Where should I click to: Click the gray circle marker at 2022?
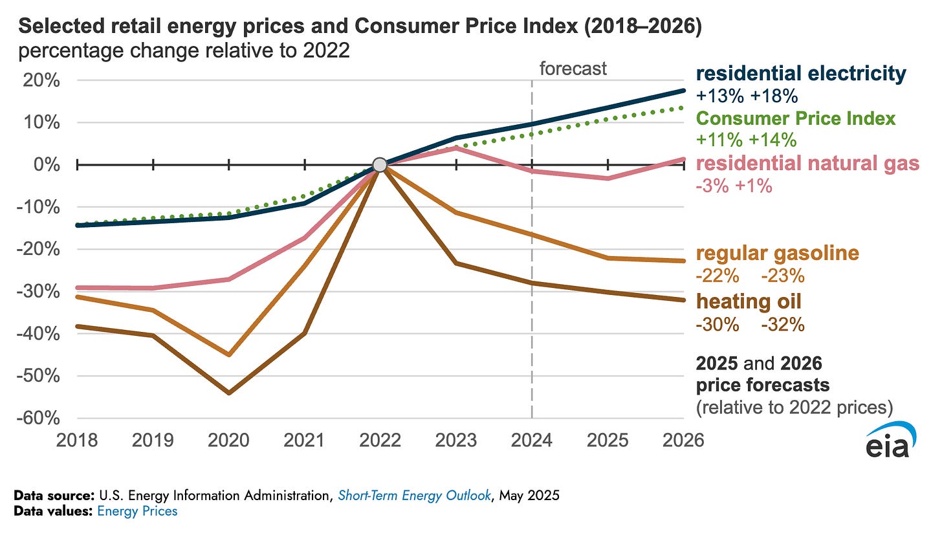[380, 165]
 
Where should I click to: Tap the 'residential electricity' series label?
[801, 74]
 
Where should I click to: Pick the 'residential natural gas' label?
[807, 164]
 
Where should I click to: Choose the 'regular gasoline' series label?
[777, 253]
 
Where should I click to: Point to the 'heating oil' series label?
[749, 301]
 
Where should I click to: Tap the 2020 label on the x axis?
[228, 441]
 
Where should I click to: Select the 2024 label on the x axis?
[532, 441]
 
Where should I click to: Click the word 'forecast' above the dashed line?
[573, 68]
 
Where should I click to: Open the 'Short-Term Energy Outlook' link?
[407, 496]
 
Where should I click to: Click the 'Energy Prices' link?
[137, 511]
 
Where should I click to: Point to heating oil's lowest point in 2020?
[228, 393]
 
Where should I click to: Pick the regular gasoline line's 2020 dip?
[228, 355]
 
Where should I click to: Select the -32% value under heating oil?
[783, 324]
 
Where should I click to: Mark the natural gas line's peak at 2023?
[456, 148]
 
